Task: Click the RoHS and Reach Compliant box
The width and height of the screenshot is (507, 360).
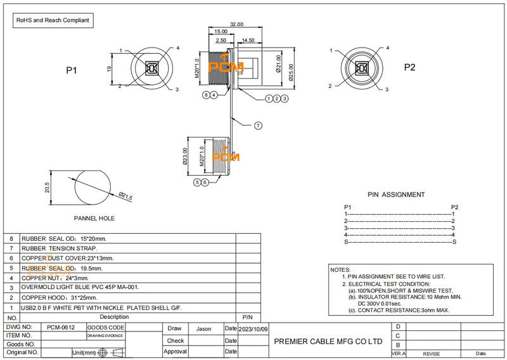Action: (x=54, y=20)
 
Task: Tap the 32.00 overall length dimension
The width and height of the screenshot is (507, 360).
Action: (x=236, y=24)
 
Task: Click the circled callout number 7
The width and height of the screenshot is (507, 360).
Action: (x=258, y=125)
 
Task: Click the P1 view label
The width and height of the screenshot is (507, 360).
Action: (x=72, y=70)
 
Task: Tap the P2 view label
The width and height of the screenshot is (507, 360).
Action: (x=409, y=68)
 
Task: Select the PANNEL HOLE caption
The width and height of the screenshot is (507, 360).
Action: (x=94, y=218)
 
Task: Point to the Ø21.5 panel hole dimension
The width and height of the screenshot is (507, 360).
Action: (x=125, y=197)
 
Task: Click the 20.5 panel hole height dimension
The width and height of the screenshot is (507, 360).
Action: (x=46, y=188)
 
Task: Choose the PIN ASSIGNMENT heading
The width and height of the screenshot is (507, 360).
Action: (x=396, y=195)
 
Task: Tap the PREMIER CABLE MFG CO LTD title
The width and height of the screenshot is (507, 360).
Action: (x=328, y=341)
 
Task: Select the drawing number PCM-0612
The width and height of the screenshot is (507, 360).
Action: (x=61, y=328)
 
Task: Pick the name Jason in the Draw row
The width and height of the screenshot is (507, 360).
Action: (x=203, y=329)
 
